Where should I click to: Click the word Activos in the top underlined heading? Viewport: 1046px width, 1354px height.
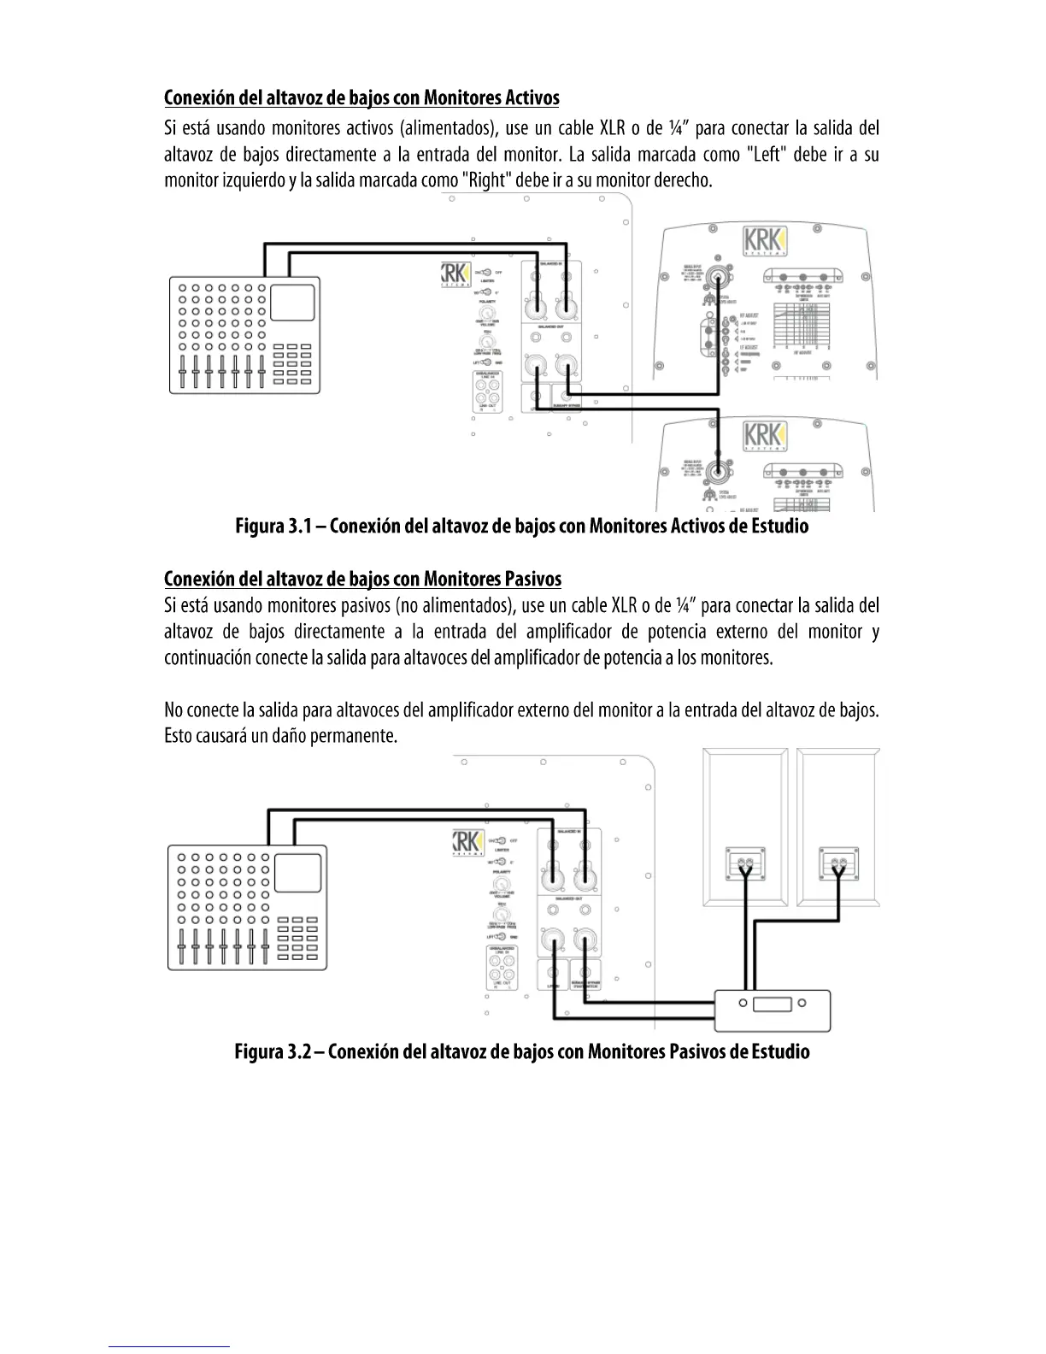pos(532,97)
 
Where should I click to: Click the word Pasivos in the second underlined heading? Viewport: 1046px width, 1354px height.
pos(533,579)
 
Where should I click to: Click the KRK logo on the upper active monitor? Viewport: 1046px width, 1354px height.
pos(764,239)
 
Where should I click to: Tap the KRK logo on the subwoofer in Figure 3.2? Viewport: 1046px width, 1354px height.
pos(467,841)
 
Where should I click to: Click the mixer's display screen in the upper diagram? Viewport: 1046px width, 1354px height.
pos(291,303)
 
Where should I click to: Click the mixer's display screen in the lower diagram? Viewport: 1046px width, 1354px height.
pos(297,871)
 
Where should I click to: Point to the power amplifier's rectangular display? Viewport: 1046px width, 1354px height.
pos(772,1004)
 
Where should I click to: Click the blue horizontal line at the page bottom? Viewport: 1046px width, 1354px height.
pos(169,1346)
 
